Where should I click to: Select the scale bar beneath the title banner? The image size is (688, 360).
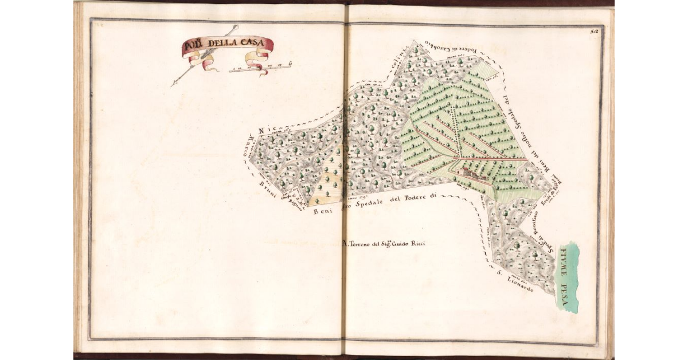[261, 69]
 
